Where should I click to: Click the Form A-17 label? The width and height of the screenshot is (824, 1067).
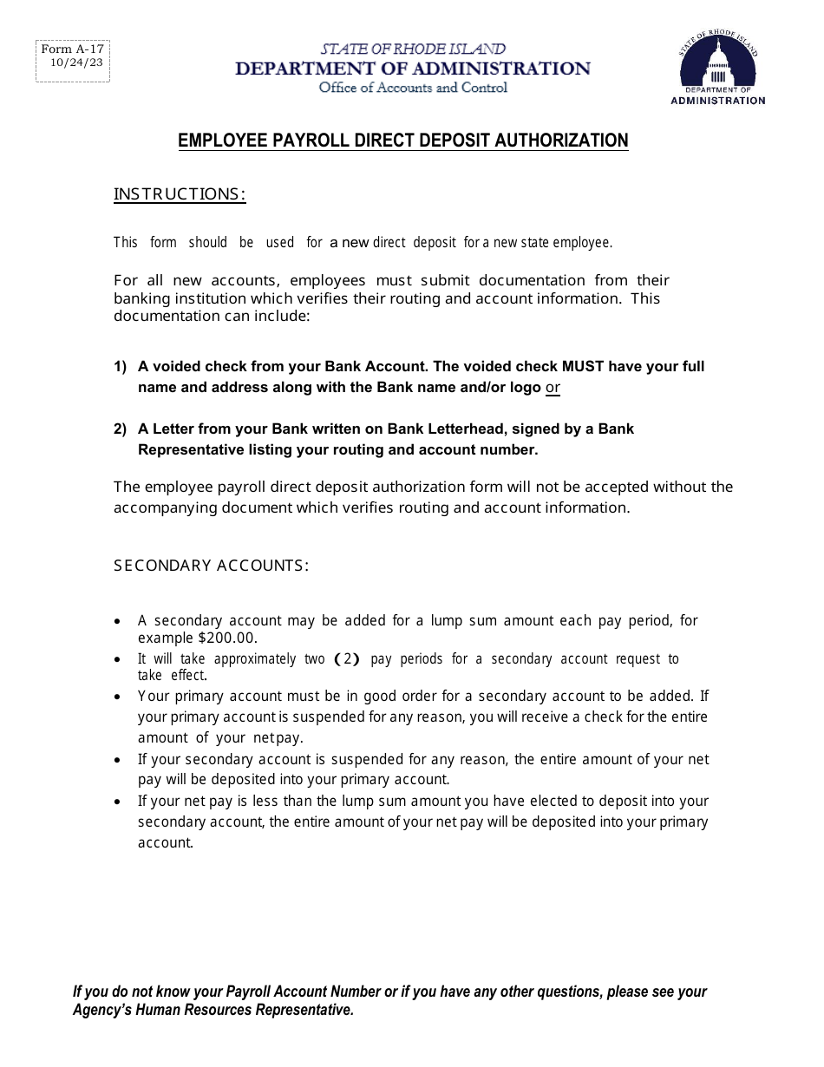point(71,49)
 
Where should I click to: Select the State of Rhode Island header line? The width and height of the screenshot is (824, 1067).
point(413,49)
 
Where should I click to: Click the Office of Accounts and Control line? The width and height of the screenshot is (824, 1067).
point(413,88)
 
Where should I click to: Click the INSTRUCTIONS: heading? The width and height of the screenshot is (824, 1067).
point(180,194)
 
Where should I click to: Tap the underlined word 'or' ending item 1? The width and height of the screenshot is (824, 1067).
point(553,388)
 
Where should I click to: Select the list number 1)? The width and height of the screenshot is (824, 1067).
point(121,367)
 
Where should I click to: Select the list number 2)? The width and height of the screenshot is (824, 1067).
point(121,429)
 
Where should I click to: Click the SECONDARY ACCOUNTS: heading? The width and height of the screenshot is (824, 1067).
point(211,566)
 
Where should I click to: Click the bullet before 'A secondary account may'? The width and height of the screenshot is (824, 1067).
point(118,622)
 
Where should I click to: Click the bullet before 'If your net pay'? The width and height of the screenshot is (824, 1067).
point(118,802)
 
